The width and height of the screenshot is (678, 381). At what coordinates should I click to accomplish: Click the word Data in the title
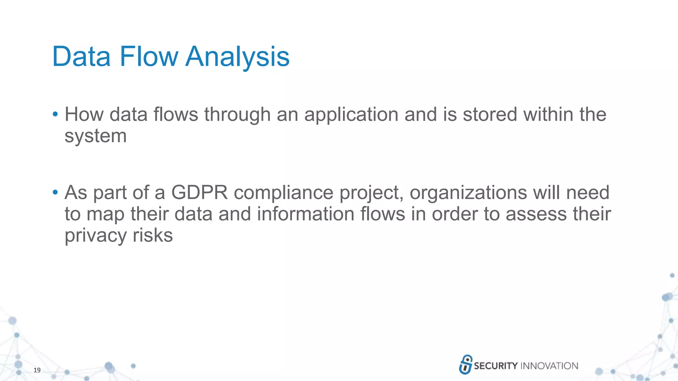81,57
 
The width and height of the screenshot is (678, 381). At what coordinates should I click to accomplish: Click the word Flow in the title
149,57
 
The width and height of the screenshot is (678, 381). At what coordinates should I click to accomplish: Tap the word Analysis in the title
237,57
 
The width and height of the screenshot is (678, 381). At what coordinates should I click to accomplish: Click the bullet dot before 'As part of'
55,192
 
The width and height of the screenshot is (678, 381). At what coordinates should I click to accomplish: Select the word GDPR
199,192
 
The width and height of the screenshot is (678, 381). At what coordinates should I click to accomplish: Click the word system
95,136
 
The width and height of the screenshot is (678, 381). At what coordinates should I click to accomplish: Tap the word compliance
283,193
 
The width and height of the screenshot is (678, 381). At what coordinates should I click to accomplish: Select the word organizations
468,193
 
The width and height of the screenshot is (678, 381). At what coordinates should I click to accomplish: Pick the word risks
153,235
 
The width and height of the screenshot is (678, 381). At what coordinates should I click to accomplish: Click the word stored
490,115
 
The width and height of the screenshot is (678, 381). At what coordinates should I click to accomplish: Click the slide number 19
37,370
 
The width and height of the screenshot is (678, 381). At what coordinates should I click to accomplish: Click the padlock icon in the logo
465,364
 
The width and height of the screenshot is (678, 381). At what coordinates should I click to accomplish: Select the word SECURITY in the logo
495,366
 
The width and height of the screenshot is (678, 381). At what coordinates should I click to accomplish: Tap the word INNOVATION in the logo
549,366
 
